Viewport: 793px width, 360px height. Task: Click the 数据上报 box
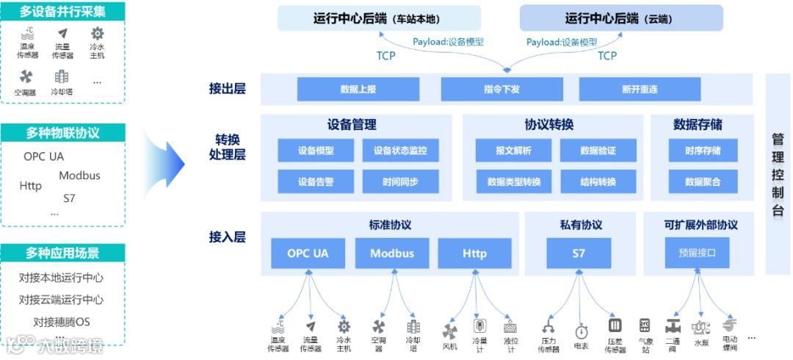(358, 89)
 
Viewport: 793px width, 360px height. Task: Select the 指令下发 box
(501, 89)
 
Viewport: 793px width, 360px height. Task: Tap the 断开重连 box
(640, 89)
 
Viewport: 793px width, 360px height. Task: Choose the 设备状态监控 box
(400, 151)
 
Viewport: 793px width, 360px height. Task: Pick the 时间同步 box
(400, 181)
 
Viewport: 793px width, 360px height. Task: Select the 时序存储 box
(703, 151)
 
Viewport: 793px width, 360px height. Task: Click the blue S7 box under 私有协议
(579, 253)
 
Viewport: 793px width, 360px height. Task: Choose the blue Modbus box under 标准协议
(391, 253)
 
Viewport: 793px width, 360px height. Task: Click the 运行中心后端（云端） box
(621, 18)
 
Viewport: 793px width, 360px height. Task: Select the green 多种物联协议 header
(62, 133)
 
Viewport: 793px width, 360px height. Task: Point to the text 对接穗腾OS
(62, 322)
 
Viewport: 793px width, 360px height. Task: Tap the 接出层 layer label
(227, 89)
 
